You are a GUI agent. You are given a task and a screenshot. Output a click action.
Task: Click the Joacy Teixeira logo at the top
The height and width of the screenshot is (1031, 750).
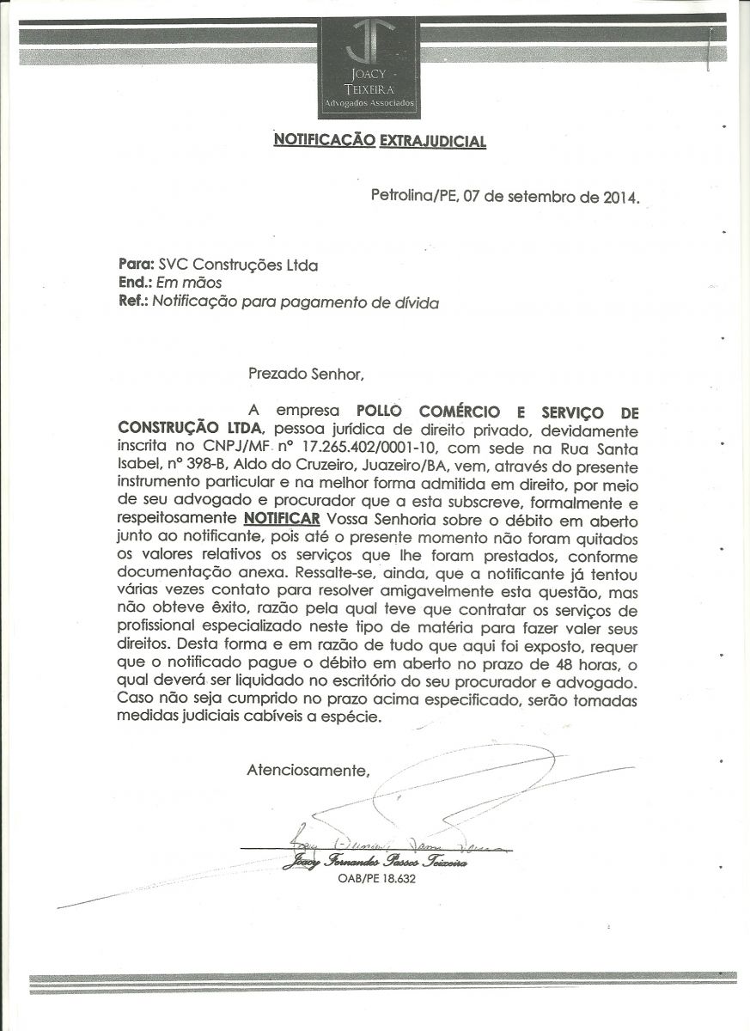click(369, 65)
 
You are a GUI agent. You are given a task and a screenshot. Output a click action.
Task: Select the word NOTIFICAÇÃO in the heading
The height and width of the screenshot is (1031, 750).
click(324, 140)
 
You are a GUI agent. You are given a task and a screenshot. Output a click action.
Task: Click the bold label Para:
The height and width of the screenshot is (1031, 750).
click(134, 265)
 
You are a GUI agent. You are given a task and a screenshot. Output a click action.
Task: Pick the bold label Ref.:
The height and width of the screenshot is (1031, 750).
click(133, 302)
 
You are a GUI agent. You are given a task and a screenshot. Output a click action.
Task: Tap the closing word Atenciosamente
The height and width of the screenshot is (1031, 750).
click(308, 770)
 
